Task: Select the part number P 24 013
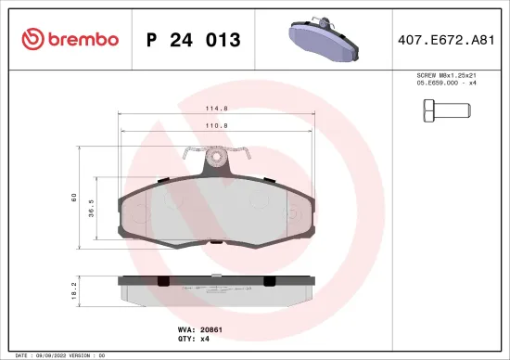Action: (194, 40)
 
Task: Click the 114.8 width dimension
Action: (217, 109)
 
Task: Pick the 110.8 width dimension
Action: (217, 125)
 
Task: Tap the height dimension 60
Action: (74, 197)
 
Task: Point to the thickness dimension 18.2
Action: (74, 290)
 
